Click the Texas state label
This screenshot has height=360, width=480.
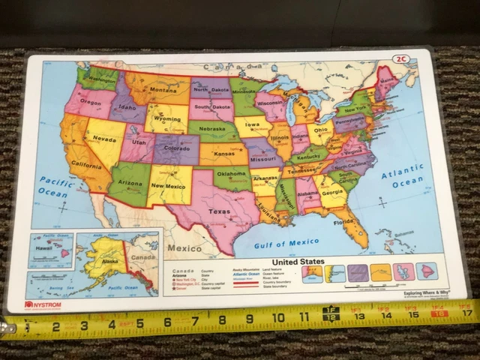click(x=220, y=211)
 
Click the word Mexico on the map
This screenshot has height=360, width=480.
click(x=183, y=247)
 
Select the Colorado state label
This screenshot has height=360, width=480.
click(x=177, y=148)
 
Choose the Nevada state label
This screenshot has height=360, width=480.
click(x=104, y=139)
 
